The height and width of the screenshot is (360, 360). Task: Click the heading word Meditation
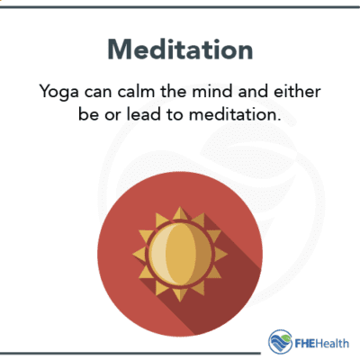179,49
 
